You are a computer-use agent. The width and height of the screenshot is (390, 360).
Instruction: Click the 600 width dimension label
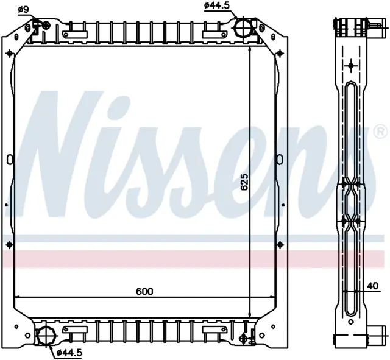pos(144,291)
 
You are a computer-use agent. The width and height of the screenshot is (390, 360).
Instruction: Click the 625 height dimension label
pos(244,182)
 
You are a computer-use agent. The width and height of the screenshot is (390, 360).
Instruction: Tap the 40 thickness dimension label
pos(372,286)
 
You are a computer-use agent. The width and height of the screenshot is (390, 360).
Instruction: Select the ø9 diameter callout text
pos(23,10)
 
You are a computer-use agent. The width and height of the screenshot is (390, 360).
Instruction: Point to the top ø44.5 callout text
pos(216,5)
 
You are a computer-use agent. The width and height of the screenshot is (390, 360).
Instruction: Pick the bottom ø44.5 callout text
pos(69,353)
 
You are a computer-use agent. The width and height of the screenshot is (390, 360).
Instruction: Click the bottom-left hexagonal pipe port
pos(45,336)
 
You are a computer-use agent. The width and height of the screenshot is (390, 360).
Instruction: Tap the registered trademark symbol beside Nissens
pos(381,132)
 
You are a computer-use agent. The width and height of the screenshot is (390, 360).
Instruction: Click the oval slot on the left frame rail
pos(10,160)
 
